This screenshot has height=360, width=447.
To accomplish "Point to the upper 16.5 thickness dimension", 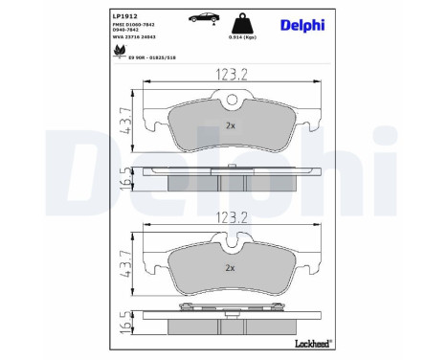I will coord(123,179).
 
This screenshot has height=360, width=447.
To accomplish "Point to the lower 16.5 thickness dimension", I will coord(123,325).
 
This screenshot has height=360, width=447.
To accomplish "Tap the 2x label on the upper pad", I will coord(230,125).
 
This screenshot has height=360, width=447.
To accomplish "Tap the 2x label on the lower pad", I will coord(230,269).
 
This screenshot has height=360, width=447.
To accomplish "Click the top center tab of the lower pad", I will coord(229,243).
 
